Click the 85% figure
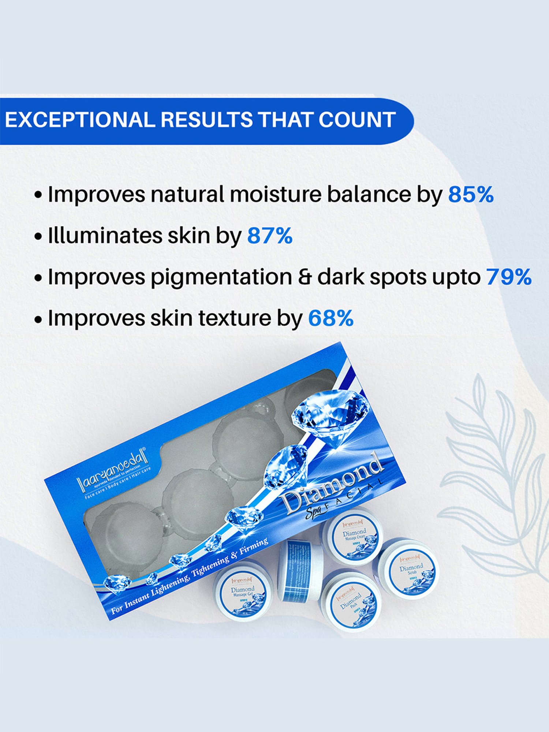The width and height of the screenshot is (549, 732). tap(471, 194)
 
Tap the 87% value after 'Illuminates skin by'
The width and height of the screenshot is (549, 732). tap(270, 236)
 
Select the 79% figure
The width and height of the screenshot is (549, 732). tap(509, 277)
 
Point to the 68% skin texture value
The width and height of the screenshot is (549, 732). tap(330, 318)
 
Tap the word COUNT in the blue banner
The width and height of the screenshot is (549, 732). tap(357, 120)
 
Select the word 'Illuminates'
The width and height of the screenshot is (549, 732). tap(105, 236)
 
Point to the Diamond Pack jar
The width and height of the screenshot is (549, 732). tap(351, 601)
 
